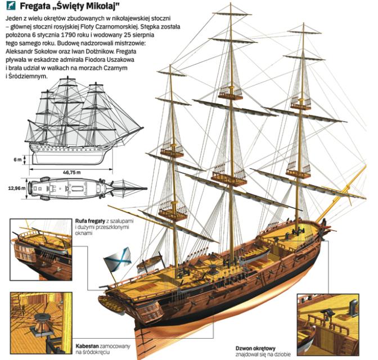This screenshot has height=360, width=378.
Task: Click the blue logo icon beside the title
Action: tap(10, 7)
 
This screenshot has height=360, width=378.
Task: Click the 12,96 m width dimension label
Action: tap(16, 188)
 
